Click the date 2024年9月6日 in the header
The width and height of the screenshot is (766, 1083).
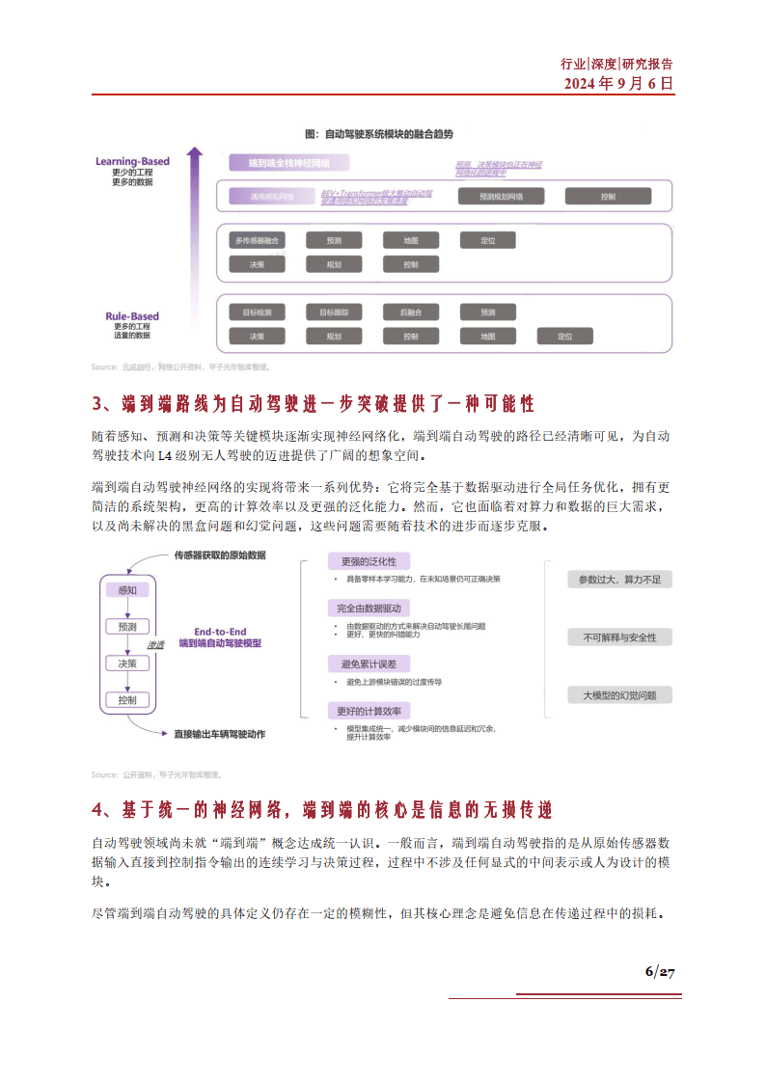618,83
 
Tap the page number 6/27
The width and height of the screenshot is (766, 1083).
659,971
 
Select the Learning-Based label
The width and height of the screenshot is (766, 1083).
132,161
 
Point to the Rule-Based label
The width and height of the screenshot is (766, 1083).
132,316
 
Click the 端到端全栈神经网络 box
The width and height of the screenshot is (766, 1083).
288,163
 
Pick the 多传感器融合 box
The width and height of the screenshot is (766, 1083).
258,240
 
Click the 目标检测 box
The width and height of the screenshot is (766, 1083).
258,312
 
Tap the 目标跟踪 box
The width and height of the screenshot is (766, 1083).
334,312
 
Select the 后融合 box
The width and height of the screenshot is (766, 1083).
411,312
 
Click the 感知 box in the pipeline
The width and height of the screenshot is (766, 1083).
127,590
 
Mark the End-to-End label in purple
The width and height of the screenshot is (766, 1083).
220,631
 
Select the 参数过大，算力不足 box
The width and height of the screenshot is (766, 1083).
618,580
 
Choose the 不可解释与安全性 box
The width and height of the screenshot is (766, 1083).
618,637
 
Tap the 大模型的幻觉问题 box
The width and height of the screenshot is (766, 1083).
618,695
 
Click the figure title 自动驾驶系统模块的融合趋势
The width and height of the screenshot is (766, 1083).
378,133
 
